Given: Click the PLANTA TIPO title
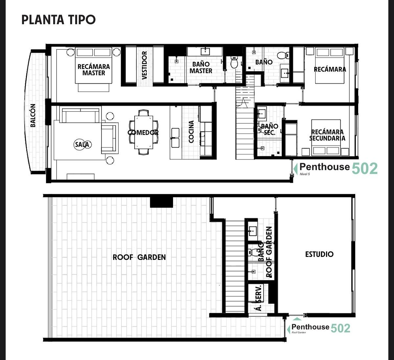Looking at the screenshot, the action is click(58, 20).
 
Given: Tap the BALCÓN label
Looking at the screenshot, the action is click(33, 116).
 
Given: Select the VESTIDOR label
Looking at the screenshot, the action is click(144, 65).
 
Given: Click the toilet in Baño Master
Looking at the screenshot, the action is click(234, 62).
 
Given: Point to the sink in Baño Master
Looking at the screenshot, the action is click(205, 51).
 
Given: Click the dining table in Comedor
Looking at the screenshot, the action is click(143, 132).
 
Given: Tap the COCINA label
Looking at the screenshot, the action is click(191, 132).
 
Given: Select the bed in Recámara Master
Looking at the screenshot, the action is click(94, 65).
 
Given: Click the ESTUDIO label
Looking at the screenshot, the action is click(319, 254).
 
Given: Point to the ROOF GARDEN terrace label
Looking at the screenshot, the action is click(139, 257).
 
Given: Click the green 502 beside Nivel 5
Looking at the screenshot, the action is click(364, 168).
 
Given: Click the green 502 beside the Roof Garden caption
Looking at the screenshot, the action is click(340, 328).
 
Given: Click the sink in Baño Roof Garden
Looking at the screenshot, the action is click(253, 231).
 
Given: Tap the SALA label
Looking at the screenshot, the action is click(82, 145).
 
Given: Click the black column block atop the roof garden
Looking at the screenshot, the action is click(162, 202).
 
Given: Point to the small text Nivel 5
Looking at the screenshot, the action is click(305, 174).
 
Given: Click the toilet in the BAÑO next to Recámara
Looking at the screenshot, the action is click(283, 55).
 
